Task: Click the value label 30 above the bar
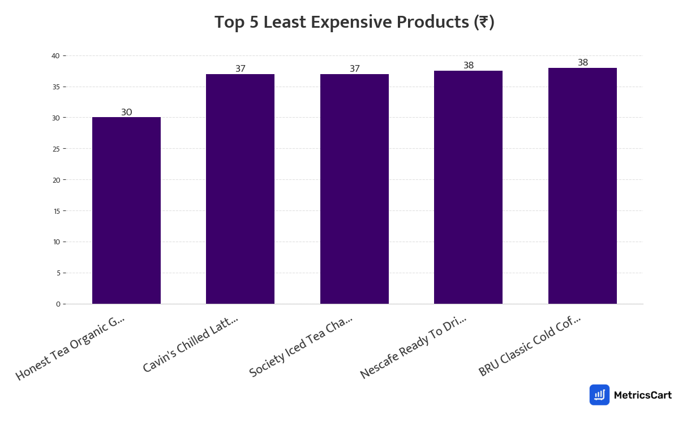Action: click(x=126, y=112)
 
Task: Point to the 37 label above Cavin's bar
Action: click(x=241, y=68)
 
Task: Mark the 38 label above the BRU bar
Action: click(x=583, y=62)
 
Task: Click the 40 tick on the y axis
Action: click(x=55, y=55)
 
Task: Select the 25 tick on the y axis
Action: click(x=55, y=149)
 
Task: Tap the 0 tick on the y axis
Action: click(x=58, y=304)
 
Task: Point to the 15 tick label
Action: click(x=55, y=211)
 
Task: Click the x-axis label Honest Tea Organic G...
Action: click(x=70, y=348)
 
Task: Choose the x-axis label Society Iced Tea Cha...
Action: click(x=301, y=347)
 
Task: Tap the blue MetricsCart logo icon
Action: click(x=599, y=395)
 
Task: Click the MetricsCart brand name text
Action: click(x=642, y=395)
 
